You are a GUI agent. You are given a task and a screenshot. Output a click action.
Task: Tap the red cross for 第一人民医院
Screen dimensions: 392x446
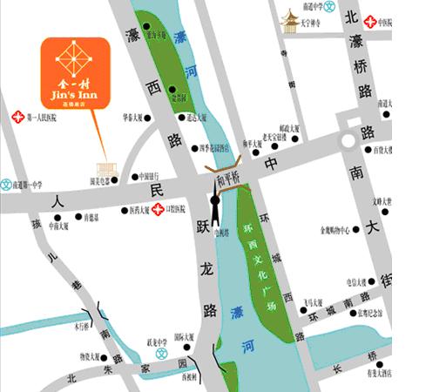(16, 116)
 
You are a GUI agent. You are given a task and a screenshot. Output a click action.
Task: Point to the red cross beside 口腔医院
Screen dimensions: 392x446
(157, 209)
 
